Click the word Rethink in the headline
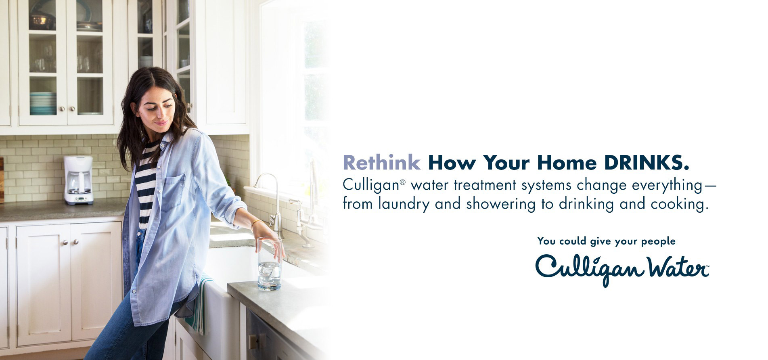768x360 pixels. pos(382,163)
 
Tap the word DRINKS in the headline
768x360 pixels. pos(646,163)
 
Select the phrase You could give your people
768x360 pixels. pos(606,241)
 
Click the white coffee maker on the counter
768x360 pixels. pos(78,180)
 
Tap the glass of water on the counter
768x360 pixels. pos(270,264)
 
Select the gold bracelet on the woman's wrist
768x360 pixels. pos(256,222)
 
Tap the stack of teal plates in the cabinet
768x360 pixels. pos(43,103)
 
